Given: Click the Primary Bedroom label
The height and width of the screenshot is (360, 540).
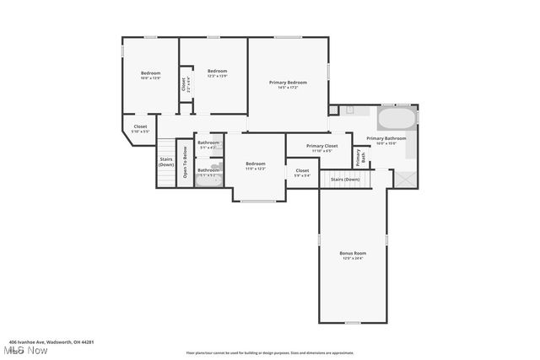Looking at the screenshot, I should click(288, 82).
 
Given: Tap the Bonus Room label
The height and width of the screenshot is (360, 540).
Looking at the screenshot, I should click(353, 253).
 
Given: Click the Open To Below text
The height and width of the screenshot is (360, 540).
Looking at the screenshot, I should click(185, 163).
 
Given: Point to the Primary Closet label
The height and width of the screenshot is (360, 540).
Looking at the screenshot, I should click(321, 146).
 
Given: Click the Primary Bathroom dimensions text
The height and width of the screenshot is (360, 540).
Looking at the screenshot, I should click(386, 142).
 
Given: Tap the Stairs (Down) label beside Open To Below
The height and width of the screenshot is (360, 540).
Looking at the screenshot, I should click(166, 161).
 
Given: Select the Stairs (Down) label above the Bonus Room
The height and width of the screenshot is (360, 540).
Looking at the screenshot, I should click(344, 179).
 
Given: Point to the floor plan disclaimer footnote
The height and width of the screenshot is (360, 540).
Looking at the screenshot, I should click(270, 352).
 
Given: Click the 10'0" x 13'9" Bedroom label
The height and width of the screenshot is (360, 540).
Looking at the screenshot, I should click(150, 73).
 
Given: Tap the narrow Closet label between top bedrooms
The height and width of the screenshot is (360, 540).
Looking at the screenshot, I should click(184, 84).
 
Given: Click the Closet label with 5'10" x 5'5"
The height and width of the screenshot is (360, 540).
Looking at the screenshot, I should click(139, 127).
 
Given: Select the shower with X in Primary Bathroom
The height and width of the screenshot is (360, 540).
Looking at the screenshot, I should click(405, 179).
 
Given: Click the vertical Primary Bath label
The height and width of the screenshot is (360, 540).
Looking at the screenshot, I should click(358, 158).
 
